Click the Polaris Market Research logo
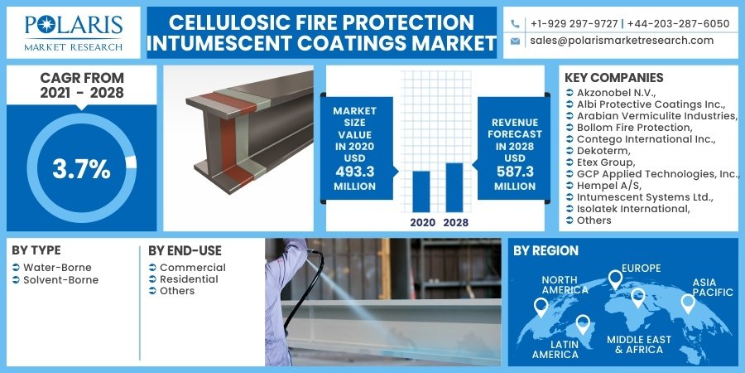pos(74,32)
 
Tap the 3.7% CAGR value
pos(81,169)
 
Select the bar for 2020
pos(421,191)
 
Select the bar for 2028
pos(454,187)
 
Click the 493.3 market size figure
pos(354,171)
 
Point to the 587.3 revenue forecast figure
pos(515,172)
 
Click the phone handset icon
pos(515,23)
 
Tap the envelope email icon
pos(515,41)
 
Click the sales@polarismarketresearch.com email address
pos(622,41)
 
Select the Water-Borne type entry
pos(57,268)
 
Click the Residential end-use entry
pos(189,279)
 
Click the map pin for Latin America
pos(583,324)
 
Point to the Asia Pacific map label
pos(712,288)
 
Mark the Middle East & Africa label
pos(639,345)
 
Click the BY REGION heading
pos(546,251)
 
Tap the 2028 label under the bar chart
pos(455,222)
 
